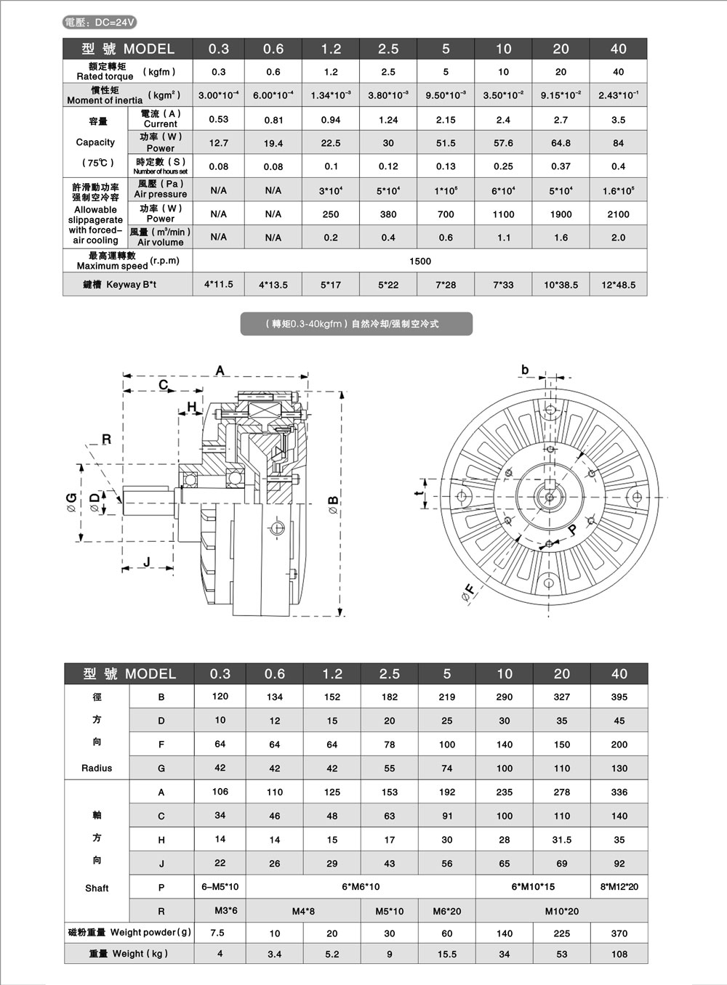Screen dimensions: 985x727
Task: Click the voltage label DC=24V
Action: point(100,23)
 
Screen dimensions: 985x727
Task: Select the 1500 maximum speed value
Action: point(420,261)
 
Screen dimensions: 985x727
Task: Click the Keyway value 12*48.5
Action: point(618,285)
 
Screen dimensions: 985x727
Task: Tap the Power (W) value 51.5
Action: point(446,143)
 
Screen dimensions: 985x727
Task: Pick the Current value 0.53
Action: point(218,119)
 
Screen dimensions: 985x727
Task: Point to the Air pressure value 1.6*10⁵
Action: point(618,190)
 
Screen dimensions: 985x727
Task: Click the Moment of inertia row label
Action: point(105,95)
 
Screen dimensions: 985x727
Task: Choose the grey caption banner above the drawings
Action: point(356,324)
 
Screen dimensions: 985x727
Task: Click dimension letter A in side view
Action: point(220,371)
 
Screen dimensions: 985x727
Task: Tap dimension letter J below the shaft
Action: point(147,562)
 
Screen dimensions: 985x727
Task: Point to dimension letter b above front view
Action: point(525,370)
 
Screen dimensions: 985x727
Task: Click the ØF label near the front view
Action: point(469,592)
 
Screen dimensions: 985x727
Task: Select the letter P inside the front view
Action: point(571,530)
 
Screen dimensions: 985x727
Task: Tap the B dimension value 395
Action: point(619,697)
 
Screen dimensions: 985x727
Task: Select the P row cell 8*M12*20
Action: point(619,886)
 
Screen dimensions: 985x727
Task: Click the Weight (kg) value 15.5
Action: point(446,954)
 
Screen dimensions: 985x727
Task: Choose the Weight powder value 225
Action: point(561,933)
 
